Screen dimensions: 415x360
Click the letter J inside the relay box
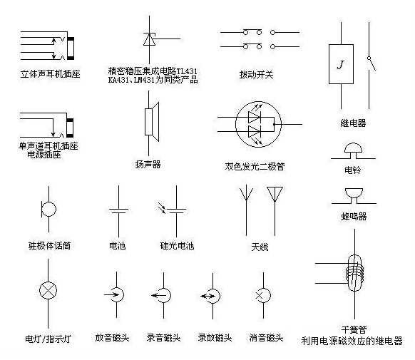(341, 65)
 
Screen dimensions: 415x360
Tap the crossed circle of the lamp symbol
(48, 290)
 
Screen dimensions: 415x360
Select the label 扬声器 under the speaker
(148, 165)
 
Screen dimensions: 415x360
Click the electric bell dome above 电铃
(353, 148)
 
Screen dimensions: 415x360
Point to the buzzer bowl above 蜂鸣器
(354, 192)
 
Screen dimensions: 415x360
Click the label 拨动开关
(256, 75)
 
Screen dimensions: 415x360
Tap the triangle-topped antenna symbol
(275, 194)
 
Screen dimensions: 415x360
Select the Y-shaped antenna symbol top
(247, 192)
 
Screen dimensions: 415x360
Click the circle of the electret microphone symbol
(49, 210)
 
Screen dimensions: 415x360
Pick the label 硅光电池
(177, 246)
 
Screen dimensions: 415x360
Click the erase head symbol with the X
(263, 295)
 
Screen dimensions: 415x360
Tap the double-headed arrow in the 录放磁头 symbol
(207, 296)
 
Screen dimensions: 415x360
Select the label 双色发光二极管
(255, 166)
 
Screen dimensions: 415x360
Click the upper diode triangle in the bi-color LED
(254, 117)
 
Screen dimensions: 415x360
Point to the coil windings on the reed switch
(354, 274)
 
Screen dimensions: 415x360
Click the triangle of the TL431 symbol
(149, 39)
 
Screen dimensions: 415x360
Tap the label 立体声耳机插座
(51, 74)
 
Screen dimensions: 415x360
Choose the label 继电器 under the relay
(353, 123)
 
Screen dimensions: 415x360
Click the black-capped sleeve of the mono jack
(70, 128)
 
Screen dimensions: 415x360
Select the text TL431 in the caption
(187, 71)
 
